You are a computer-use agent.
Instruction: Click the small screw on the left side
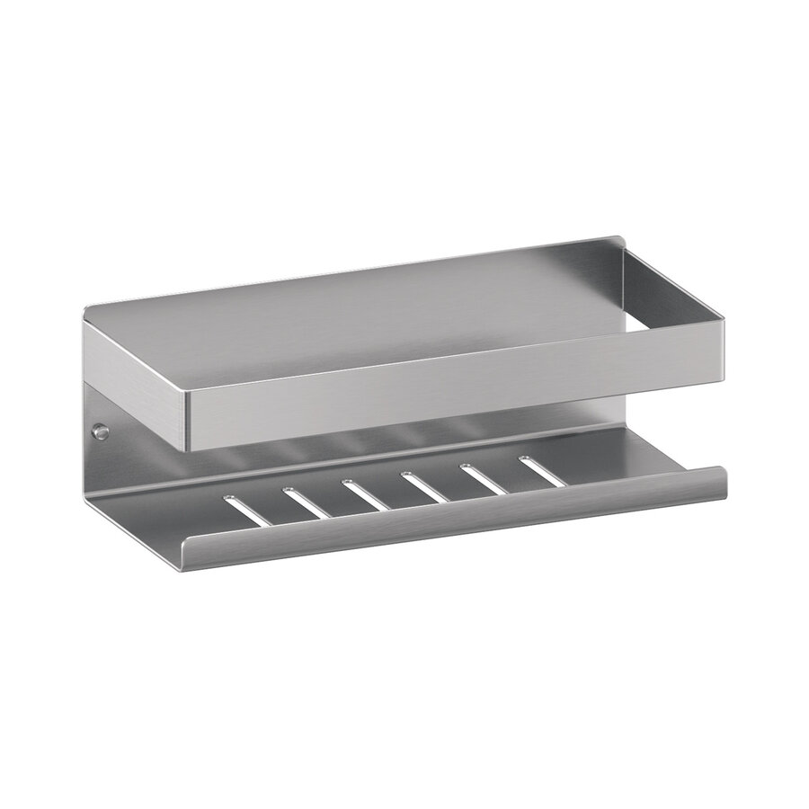coord(102,432)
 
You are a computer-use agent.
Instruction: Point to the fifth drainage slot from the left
coord(485,478)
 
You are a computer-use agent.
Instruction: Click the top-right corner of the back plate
coord(620,241)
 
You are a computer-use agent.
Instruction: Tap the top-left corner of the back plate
coord(87,310)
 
